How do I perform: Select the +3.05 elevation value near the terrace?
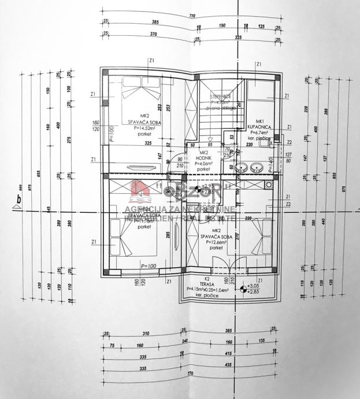point(252,286)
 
